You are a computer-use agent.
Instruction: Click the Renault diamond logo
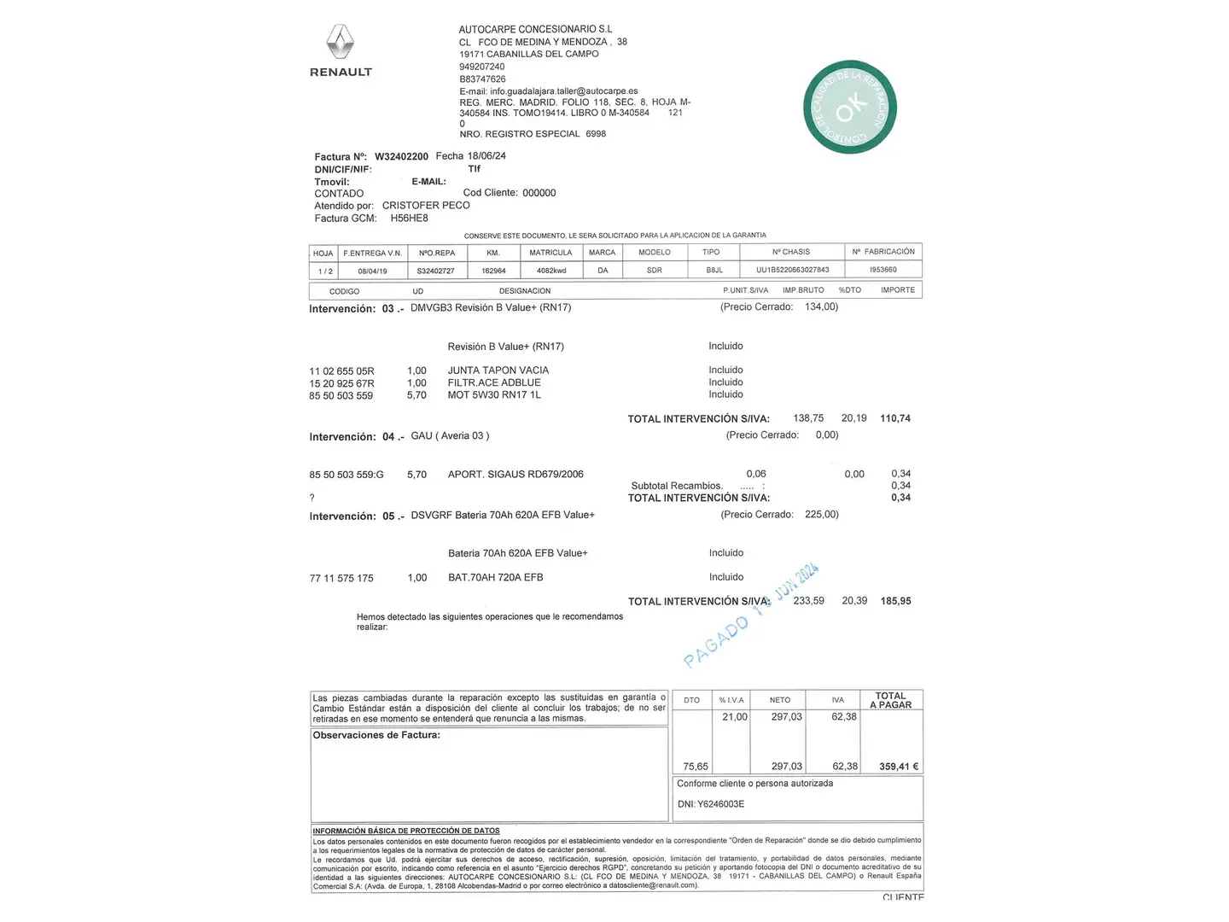click(x=340, y=42)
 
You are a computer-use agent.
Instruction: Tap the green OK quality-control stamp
click(x=849, y=108)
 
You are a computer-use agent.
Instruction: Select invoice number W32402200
click(x=401, y=157)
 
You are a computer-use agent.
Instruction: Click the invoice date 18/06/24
click(x=486, y=156)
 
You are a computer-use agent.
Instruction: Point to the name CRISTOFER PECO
click(x=426, y=206)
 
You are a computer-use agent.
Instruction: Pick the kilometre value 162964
click(x=493, y=271)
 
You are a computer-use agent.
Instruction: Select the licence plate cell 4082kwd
click(x=551, y=271)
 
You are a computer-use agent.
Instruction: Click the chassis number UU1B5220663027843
click(x=792, y=270)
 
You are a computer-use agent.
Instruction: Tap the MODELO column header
click(x=655, y=253)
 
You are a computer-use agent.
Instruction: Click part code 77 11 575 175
click(x=341, y=579)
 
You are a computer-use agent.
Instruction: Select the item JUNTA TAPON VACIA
click(x=498, y=371)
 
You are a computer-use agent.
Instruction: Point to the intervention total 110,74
click(x=895, y=418)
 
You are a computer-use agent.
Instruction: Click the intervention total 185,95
click(x=895, y=601)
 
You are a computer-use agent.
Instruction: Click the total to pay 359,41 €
click(x=899, y=767)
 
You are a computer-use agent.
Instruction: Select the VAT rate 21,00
click(x=734, y=717)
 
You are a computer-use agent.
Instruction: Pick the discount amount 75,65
click(x=696, y=767)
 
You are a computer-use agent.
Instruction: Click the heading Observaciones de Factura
click(x=376, y=735)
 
